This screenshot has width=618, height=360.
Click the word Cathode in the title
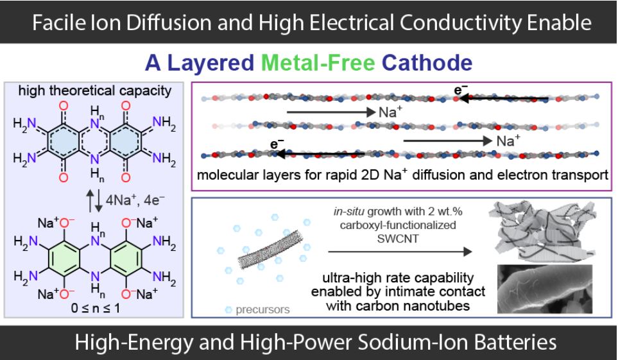point(427,63)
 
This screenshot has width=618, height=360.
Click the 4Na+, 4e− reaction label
point(135,200)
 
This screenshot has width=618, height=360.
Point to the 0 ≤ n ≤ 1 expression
point(96,308)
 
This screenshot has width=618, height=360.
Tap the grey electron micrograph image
point(545,289)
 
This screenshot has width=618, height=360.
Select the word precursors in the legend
point(262,310)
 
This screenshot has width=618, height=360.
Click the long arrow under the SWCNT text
point(400,252)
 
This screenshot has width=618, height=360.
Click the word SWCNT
point(397,239)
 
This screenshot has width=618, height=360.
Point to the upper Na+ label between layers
point(390,112)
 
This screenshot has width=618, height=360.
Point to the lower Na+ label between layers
point(508,141)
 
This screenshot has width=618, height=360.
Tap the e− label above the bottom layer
point(277,144)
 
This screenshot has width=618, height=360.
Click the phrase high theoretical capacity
point(94,90)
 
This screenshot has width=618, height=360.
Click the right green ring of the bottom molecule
point(126,258)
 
